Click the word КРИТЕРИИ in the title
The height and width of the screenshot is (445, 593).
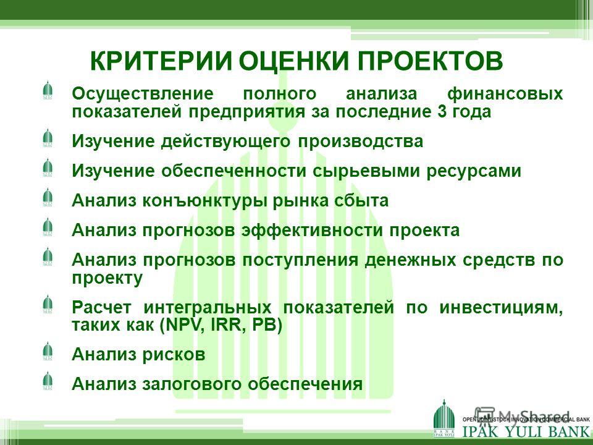pos(160,61)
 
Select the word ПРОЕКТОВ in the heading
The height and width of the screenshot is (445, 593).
pos(430,61)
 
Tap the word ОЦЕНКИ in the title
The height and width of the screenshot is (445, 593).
pos(293,61)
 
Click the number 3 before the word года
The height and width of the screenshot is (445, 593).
pos(442,111)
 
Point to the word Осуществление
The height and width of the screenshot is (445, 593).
pos(143,93)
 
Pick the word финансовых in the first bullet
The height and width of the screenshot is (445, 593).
pos(505,93)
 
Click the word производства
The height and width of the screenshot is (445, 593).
pos(360,141)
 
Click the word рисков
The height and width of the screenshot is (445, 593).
pos(174,355)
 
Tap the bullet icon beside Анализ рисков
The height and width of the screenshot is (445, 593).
pos(48,351)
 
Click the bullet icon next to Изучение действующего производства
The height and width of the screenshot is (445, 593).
pos(48,137)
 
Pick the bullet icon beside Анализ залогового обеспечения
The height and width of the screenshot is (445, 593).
pos(48,380)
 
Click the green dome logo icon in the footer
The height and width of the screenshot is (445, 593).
pos(444,419)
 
